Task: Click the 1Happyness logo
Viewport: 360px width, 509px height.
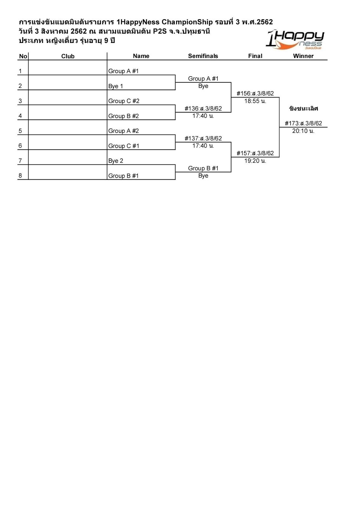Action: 295,40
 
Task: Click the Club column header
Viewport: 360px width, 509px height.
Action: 68,56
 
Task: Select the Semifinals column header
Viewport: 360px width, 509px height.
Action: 203,56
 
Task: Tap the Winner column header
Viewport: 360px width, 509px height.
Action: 303,56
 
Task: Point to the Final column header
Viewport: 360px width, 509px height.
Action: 255,56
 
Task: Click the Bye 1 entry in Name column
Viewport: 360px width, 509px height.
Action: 116,86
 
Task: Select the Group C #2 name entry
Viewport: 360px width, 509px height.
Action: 124,101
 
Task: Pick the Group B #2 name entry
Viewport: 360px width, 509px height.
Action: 124,116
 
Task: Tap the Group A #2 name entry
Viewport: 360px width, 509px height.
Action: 124,131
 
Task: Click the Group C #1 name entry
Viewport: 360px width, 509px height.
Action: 124,146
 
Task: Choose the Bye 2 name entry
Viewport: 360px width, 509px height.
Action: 116,161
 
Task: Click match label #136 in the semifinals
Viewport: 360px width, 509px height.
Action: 203,108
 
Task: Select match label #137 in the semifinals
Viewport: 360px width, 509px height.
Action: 203,138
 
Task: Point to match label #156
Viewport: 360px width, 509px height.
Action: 255,94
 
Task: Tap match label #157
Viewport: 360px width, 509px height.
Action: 255,153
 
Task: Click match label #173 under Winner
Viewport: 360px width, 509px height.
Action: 303,123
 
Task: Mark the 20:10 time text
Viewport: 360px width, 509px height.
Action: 303,131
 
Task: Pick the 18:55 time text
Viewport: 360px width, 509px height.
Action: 255,101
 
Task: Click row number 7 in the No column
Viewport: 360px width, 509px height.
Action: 20,161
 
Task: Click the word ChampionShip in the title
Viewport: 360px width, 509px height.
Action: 187,22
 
